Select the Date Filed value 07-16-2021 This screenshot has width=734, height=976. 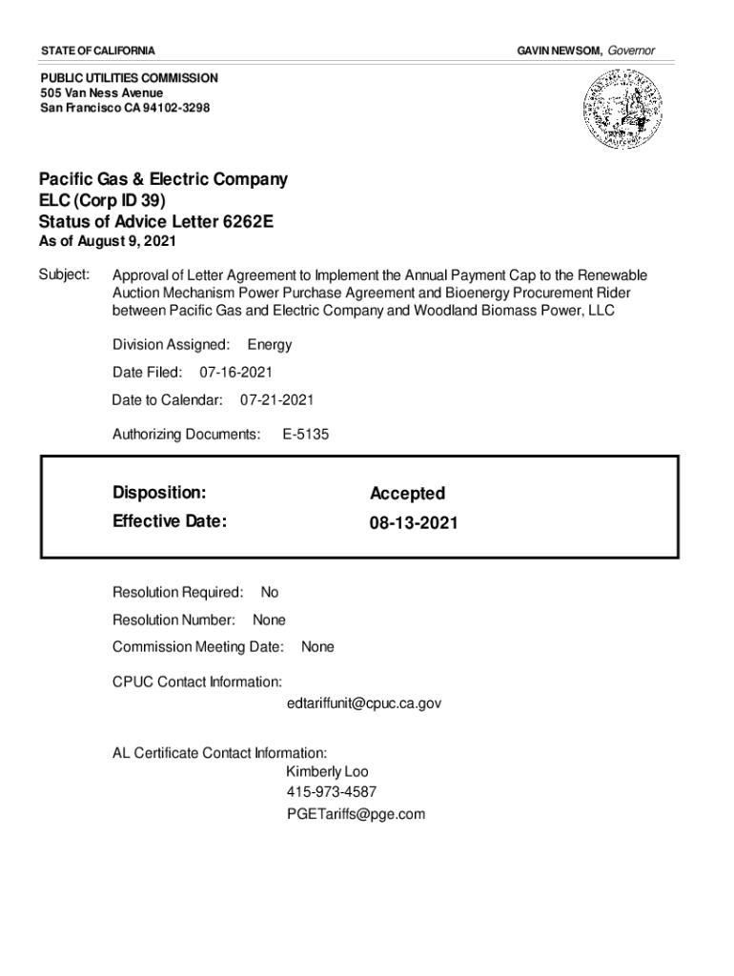242,372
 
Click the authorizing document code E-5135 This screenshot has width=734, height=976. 305,435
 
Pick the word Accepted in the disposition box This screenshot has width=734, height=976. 407,494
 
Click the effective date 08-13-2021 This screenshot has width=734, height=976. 414,522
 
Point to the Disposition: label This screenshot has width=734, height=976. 159,493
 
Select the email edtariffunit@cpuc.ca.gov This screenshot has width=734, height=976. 363,703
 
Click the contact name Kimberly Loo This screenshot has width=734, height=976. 326,771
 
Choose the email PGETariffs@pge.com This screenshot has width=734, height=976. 355,815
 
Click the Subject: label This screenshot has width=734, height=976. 64,274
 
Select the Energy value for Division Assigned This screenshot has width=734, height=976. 269,344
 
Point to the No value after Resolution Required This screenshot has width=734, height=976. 269,593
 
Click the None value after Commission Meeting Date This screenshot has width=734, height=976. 317,647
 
